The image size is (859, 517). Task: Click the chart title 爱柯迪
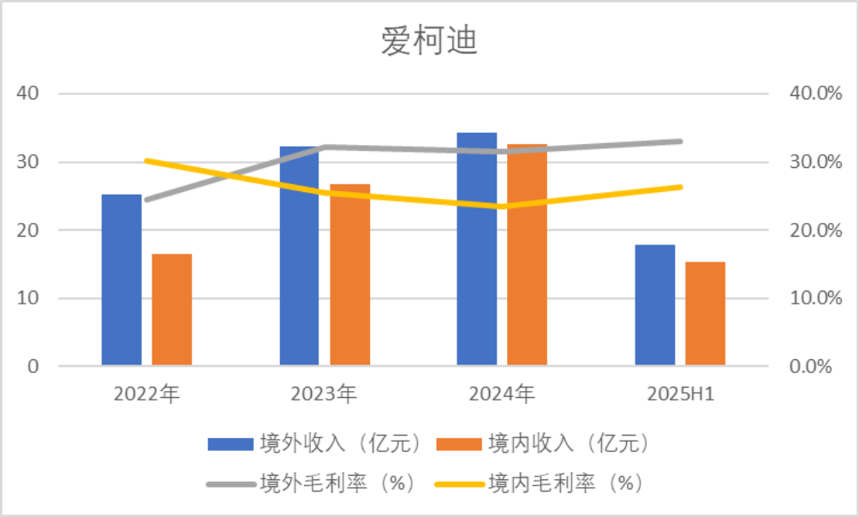[x=429, y=40]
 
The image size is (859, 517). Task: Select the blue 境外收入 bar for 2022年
[x=122, y=280]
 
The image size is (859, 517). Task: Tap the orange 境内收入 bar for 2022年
[x=172, y=310]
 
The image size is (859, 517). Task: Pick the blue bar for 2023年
[x=300, y=256]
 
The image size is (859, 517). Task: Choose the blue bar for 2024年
[x=477, y=249]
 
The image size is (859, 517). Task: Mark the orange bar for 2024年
[x=528, y=255]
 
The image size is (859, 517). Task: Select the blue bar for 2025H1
[x=655, y=305]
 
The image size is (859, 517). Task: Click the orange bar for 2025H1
[x=706, y=314]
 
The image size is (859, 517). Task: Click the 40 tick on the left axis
[x=29, y=93]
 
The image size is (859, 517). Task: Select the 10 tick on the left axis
[x=29, y=298]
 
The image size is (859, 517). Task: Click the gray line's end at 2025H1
[x=681, y=141]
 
